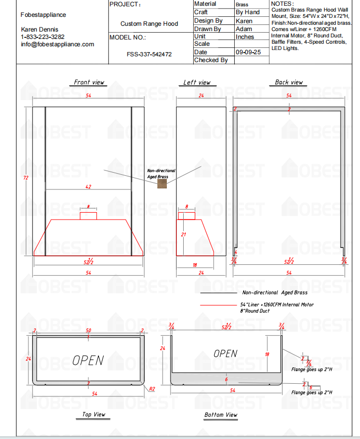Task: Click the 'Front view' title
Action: coord(89,82)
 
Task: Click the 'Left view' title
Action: coord(197,82)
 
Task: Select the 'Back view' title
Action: coord(289,82)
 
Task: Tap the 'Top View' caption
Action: coord(94,415)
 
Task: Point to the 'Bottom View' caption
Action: coord(221,415)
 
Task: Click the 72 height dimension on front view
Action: coord(25,178)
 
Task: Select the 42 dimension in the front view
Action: coord(88,186)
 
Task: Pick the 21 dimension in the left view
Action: coord(184,234)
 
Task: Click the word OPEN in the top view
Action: coord(88,360)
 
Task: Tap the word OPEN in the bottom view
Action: coord(225,353)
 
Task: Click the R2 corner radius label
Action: coord(152,388)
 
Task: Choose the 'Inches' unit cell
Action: coord(245,37)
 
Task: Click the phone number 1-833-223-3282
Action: coord(43,37)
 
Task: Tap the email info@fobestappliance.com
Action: coord(57,44)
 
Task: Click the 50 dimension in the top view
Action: coord(88,331)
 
